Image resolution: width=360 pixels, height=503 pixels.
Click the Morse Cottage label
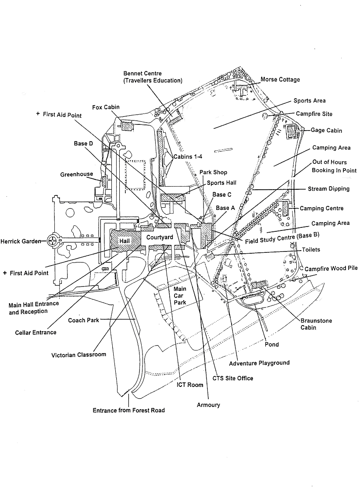[280, 80]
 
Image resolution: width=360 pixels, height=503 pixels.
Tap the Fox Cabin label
[106, 107]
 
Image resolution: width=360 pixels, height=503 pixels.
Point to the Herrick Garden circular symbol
[53, 240]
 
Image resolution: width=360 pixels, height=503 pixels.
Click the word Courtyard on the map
[159, 237]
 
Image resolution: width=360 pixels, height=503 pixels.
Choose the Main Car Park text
[180, 295]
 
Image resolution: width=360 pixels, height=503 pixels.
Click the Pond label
[271, 344]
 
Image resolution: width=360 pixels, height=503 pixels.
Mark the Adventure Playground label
[259, 363]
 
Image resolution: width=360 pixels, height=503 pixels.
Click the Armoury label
[208, 405]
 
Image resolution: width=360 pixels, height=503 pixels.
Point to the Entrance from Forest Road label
[128, 411]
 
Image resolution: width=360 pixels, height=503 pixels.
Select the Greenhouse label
[77, 174]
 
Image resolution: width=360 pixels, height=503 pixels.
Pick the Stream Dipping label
[329, 189]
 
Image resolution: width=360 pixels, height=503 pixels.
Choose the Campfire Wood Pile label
[331, 268]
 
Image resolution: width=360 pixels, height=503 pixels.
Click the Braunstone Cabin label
[316, 324]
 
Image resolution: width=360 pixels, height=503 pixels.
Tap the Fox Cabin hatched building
[126, 126]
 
